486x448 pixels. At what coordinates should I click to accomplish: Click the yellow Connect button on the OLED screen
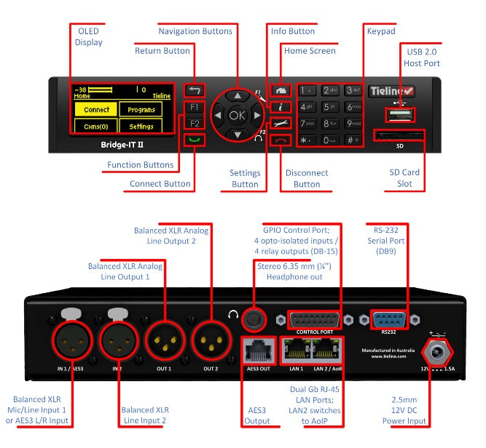97,110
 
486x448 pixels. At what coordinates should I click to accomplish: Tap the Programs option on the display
141,110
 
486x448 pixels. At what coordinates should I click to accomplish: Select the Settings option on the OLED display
141,127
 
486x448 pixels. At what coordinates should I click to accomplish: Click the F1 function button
194,108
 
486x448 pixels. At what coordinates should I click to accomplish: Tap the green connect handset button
194,139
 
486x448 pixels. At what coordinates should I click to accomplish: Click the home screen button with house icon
280,91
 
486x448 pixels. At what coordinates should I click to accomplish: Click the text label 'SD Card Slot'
404,178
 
